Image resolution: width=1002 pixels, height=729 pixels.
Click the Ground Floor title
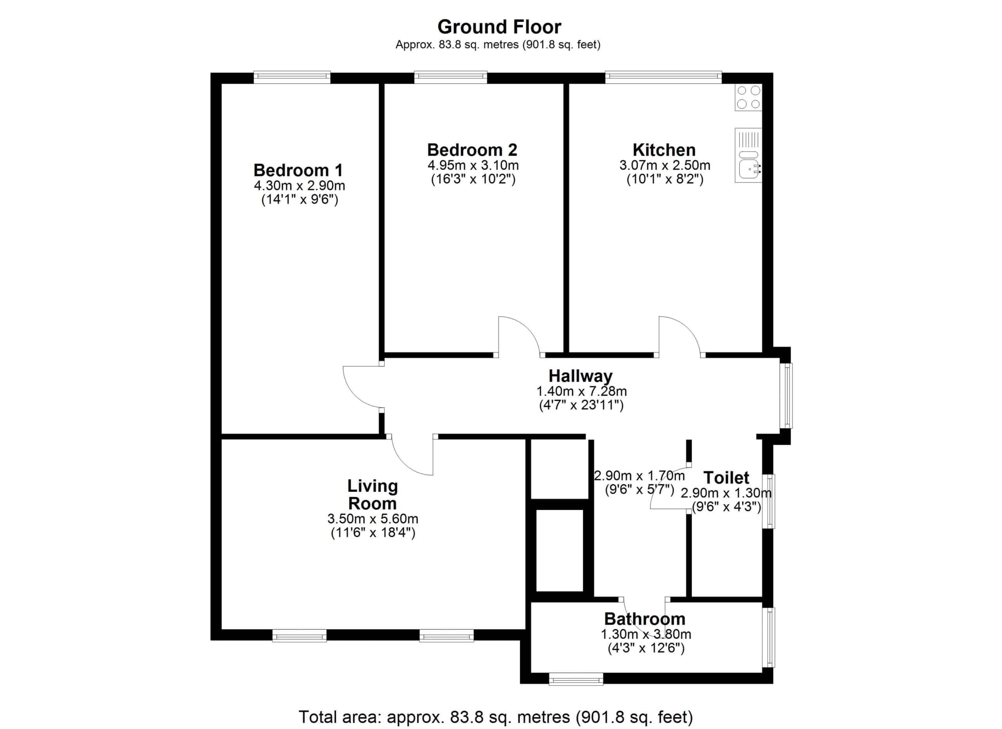click(x=499, y=27)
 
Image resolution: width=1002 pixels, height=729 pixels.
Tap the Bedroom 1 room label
click(x=298, y=170)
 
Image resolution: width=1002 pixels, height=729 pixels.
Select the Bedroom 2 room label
click(x=472, y=150)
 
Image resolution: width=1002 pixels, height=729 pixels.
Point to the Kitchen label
click(x=664, y=150)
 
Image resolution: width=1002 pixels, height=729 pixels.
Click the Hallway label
click(x=580, y=376)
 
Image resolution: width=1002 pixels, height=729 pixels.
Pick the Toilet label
click(x=726, y=478)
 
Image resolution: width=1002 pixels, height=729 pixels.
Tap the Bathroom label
click(x=645, y=619)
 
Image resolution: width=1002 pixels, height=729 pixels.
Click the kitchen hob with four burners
click(x=748, y=97)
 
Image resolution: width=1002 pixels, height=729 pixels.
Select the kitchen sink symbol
click(x=748, y=155)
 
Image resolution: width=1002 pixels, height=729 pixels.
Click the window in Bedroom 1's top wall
click(x=292, y=77)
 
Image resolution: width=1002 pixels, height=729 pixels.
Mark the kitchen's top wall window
click(x=663, y=77)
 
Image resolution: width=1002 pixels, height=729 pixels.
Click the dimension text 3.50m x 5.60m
click(x=373, y=519)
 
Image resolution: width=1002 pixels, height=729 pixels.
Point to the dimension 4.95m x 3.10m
click(x=473, y=165)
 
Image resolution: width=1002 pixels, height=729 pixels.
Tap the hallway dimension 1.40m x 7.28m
click(x=581, y=391)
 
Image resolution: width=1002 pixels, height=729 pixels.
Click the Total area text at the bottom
click(x=496, y=716)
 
